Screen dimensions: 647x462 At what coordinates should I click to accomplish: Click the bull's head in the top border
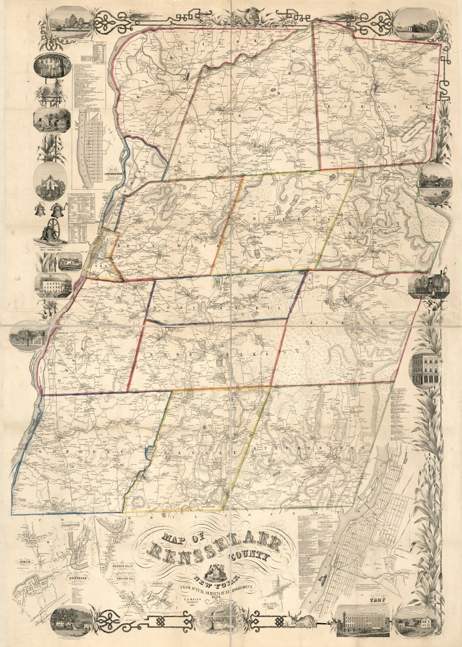click(x=231, y=16)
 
